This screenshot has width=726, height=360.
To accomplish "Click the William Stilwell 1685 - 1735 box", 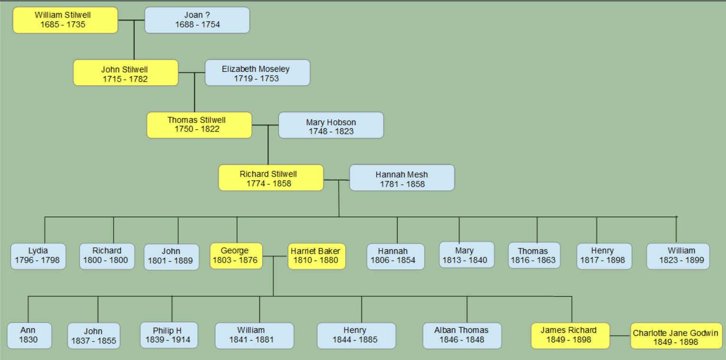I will pyautogui.click(x=65, y=20).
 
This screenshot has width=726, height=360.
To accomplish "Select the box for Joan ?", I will pyautogui.click(x=197, y=20).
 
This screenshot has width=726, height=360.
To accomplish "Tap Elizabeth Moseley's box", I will pyautogui.click(x=257, y=73).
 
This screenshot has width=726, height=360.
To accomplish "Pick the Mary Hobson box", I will pyautogui.click(x=331, y=125).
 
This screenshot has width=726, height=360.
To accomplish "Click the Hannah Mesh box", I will pyautogui.click(x=402, y=178).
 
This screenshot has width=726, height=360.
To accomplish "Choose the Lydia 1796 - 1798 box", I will pyautogui.click(x=38, y=256).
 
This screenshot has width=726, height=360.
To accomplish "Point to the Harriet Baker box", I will pyautogui.click(x=316, y=256).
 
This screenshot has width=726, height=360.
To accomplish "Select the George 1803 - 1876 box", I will pyautogui.click(x=236, y=256).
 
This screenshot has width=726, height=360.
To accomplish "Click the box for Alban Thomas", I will pyautogui.click(x=461, y=335).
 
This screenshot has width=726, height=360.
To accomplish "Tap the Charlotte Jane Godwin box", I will pyautogui.click(x=676, y=336).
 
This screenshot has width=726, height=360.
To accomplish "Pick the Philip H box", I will pyautogui.click(x=168, y=335).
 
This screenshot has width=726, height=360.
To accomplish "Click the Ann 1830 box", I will pyautogui.click(x=29, y=335).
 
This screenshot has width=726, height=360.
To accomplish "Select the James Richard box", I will pyautogui.click(x=569, y=335).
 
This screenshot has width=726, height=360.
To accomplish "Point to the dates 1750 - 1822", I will pyautogui.click(x=197, y=129).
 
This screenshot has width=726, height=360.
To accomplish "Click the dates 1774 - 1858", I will pyautogui.click(x=268, y=183).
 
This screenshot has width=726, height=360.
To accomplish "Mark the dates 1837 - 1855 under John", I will pyautogui.click(x=94, y=341).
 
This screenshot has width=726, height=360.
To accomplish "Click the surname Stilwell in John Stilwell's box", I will pyautogui.click(x=135, y=70).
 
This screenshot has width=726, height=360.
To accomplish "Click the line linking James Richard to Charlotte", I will pyautogui.click(x=620, y=336).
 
